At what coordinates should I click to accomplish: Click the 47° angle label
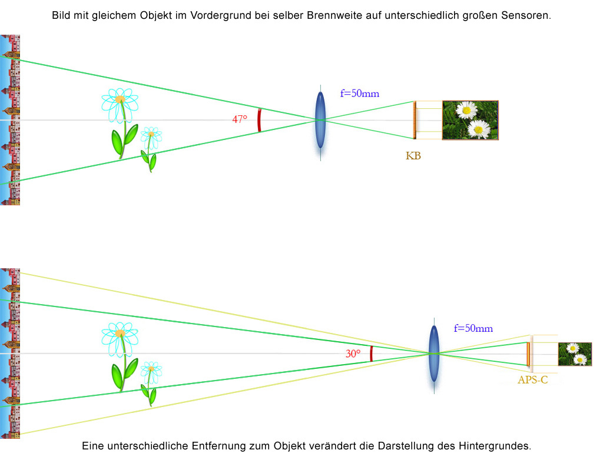point(239,119)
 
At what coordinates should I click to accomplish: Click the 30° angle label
point(353,354)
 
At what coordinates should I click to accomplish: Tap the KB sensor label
point(413,156)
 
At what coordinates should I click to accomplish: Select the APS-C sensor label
point(532,380)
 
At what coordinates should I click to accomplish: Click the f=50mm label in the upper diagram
point(359,94)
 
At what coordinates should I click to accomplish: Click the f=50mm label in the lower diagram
point(473,329)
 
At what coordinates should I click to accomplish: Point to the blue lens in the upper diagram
point(320,120)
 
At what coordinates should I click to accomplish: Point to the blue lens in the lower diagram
point(433,353)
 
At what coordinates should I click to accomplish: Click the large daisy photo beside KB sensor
point(470,120)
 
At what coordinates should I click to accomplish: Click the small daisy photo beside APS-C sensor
point(575,354)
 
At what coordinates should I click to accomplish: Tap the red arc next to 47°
point(259,119)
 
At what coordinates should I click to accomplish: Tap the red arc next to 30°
point(371,354)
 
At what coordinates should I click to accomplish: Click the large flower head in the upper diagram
point(120,101)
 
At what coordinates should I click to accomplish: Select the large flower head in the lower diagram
point(120,334)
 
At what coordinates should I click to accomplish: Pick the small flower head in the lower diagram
point(151,369)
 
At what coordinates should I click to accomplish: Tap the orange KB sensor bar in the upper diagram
point(415,120)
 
